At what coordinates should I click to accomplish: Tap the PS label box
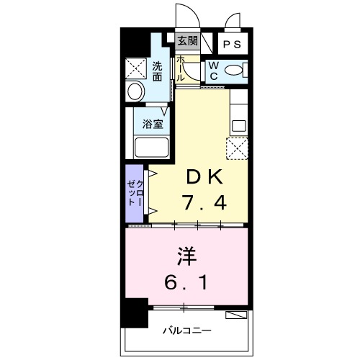[x=231, y=44]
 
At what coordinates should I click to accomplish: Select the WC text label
[x=214, y=71]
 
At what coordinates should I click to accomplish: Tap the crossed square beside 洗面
[x=136, y=68]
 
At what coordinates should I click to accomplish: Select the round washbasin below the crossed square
[x=135, y=92]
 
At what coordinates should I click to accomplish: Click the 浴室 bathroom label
[x=152, y=123]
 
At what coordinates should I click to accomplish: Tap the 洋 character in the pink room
[x=186, y=256]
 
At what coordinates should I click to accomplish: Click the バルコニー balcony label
[x=186, y=330]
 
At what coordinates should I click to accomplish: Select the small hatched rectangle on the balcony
[x=235, y=315]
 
